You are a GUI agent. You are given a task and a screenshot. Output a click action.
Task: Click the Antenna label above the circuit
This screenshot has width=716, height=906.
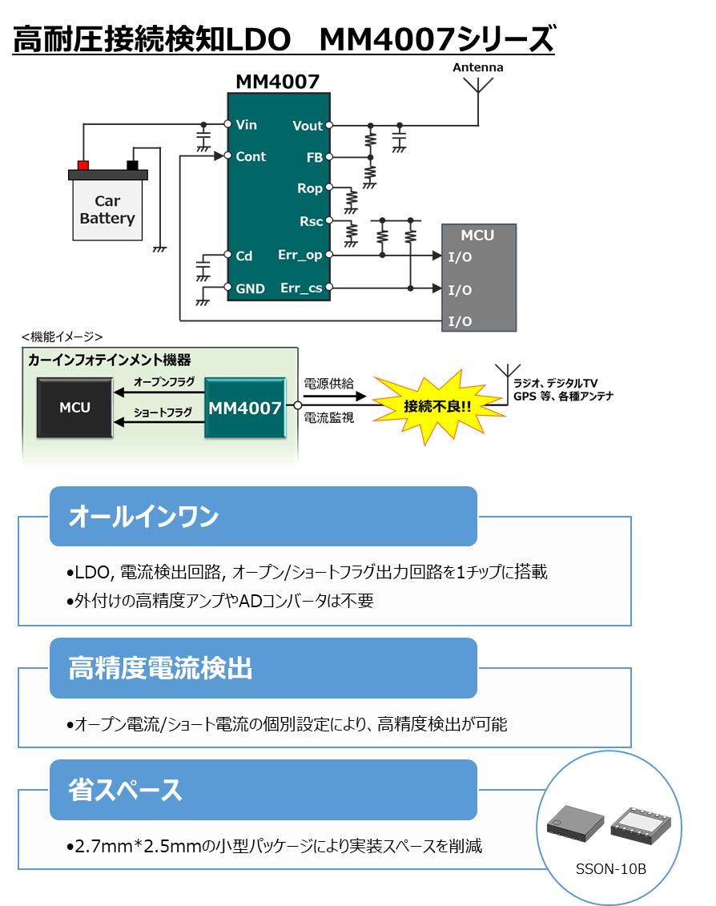(x=478, y=68)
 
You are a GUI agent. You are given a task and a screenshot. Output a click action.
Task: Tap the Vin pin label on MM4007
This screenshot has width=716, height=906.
(x=247, y=125)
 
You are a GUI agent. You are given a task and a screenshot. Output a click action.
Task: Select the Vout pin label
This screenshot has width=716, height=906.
(x=308, y=126)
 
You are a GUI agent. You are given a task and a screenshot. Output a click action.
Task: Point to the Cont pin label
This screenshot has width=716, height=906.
(x=251, y=157)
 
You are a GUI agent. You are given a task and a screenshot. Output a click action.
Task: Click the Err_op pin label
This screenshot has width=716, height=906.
(x=300, y=256)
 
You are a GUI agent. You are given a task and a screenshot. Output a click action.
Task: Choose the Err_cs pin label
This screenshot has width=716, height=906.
(x=301, y=288)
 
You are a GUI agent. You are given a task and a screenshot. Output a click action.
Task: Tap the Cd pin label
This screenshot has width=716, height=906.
(x=244, y=256)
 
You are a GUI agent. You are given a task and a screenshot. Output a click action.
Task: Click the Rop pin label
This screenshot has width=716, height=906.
(x=310, y=189)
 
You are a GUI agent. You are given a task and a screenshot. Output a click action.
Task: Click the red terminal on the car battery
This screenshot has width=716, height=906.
(x=82, y=165)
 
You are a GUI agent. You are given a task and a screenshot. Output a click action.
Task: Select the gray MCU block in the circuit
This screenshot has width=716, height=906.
(x=478, y=277)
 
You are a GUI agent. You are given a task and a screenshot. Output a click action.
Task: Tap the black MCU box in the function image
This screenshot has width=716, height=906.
(x=74, y=408)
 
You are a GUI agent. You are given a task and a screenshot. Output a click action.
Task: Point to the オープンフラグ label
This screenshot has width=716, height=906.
(x=164, y=382)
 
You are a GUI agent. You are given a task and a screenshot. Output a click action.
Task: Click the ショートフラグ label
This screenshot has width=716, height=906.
(x=163, y=413)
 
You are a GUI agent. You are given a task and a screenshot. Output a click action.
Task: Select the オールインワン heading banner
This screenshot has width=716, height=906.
(x=263, y=517)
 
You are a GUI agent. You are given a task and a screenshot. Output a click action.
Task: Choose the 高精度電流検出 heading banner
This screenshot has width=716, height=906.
(x=263, y=668)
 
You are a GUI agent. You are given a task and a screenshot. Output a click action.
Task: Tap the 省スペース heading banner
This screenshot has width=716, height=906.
(x=263, y=790)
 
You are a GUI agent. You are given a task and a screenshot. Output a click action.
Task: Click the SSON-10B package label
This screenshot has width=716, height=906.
(x=610, y=870)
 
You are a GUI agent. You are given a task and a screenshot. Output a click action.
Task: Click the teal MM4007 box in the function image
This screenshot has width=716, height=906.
(x=245, y=408)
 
